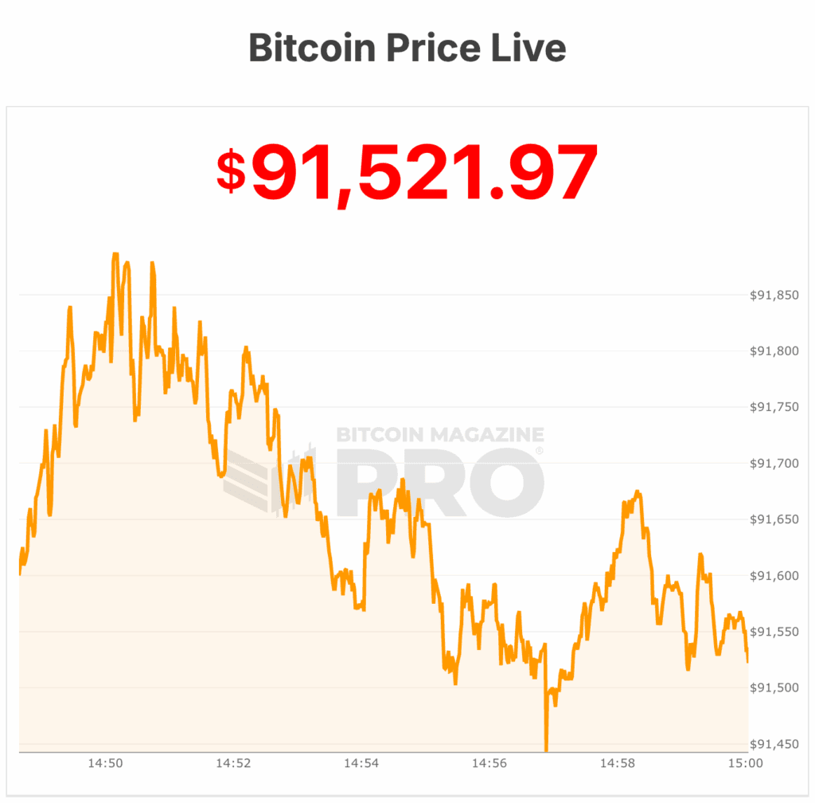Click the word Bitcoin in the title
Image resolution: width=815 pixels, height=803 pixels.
pos(313,48)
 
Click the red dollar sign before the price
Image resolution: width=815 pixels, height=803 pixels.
pos(231,172)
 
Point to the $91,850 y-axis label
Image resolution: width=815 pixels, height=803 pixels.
pos(774,295)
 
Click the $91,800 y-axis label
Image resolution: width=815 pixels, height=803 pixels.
pos(774,351)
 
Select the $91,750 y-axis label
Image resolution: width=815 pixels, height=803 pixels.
pos(774,407)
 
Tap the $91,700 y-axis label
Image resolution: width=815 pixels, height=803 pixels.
pos(774,463)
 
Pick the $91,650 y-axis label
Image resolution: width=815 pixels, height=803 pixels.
pos(774,519)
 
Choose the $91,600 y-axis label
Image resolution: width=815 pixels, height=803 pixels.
pos(774,575)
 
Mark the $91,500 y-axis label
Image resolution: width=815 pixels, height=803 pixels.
pos(774,687)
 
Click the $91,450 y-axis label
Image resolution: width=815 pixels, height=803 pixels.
pos(774,744)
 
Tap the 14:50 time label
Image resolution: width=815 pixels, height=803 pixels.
pos(105,763)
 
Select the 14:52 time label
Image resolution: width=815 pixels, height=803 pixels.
pos(233,763)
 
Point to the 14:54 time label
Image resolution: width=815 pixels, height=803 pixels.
pos(361,763)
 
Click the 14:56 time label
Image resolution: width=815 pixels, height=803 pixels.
pos(489,763)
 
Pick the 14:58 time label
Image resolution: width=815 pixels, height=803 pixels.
pos(618,763)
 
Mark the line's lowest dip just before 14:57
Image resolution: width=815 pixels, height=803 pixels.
pos(547,749)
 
